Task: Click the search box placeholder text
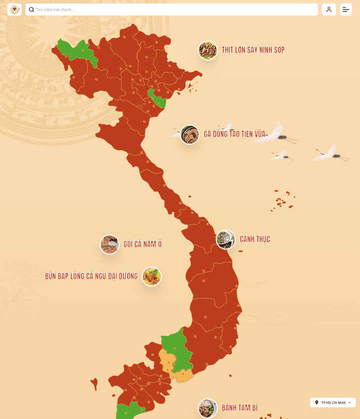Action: point(55,10)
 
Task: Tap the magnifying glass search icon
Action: point(32,10)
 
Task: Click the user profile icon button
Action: point(329,10)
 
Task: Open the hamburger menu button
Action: point(346,10)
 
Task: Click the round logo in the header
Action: point(15,10)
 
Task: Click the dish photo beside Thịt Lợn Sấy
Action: point(207,50)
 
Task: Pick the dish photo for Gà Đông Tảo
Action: point(190,135)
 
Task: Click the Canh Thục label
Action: point(255,239)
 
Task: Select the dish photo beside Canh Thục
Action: point(225,239)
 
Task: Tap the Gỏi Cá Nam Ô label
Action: point(143,244)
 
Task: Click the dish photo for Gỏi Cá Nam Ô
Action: point(109,244)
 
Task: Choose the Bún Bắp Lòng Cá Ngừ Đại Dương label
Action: point(91,276)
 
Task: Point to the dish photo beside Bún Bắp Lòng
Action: point(152,276)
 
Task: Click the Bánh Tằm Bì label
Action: point(240,408)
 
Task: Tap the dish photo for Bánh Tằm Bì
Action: point(207,408)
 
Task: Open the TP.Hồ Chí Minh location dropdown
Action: point(333,402)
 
